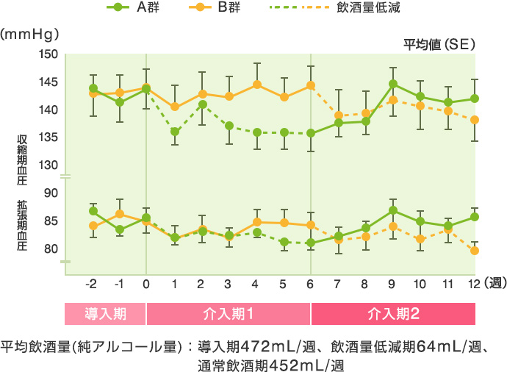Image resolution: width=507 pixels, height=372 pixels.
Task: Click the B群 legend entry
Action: (x=213, y=9)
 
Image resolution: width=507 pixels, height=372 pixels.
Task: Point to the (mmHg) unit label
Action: (x=30, y=34)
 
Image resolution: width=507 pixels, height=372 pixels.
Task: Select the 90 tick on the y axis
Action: (x=51, y=193)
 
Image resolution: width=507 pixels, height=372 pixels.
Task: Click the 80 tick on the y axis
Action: (x=51, y=248)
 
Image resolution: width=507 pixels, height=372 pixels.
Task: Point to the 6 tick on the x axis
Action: (x=311, y=284)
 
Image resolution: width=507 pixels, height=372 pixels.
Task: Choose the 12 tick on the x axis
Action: (x=474, y=284)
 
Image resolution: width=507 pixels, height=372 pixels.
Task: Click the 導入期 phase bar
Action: (x=106, y=314)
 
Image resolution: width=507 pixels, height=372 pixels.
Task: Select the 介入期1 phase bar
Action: (x=229, y=314)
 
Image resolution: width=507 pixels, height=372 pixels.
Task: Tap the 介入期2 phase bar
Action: (x=393, y=314)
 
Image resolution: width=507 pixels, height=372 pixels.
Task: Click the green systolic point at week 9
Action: (x=393, y=84)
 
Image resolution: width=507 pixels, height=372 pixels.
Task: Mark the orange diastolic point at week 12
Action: (x=475, y=251)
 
